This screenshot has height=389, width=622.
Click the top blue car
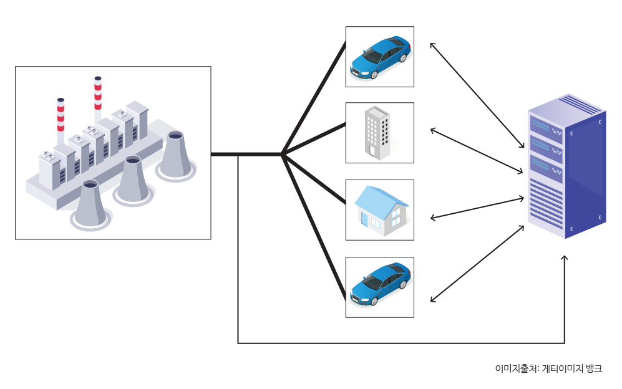point(380,57)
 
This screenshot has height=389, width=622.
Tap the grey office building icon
point(377,133)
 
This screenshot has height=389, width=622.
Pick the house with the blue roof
point(381,210)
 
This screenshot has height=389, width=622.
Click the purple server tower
point(566,166)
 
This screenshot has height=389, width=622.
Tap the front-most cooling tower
point(90,203)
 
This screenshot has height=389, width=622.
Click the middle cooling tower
point(132,180)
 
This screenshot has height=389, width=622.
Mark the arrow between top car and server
point(477,95)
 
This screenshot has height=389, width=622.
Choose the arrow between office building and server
point(477,151)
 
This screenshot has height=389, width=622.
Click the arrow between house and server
point(477,208)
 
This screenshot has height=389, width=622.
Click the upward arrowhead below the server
point(565,259)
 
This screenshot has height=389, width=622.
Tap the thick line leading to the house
point(314,179)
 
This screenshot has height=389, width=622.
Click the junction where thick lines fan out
point(282,155)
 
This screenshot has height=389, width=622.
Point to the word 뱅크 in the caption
point(595,368)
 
